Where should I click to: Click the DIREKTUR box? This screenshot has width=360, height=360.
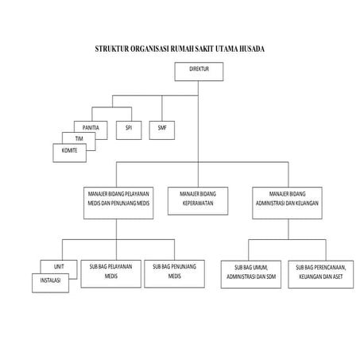click(198, 72)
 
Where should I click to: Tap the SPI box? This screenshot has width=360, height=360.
click(129, 128)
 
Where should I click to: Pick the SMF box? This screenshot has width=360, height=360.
click(163, 128)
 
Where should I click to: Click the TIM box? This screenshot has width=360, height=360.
click(79, 138)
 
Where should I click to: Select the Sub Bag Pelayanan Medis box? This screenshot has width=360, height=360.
click(110, 271)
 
